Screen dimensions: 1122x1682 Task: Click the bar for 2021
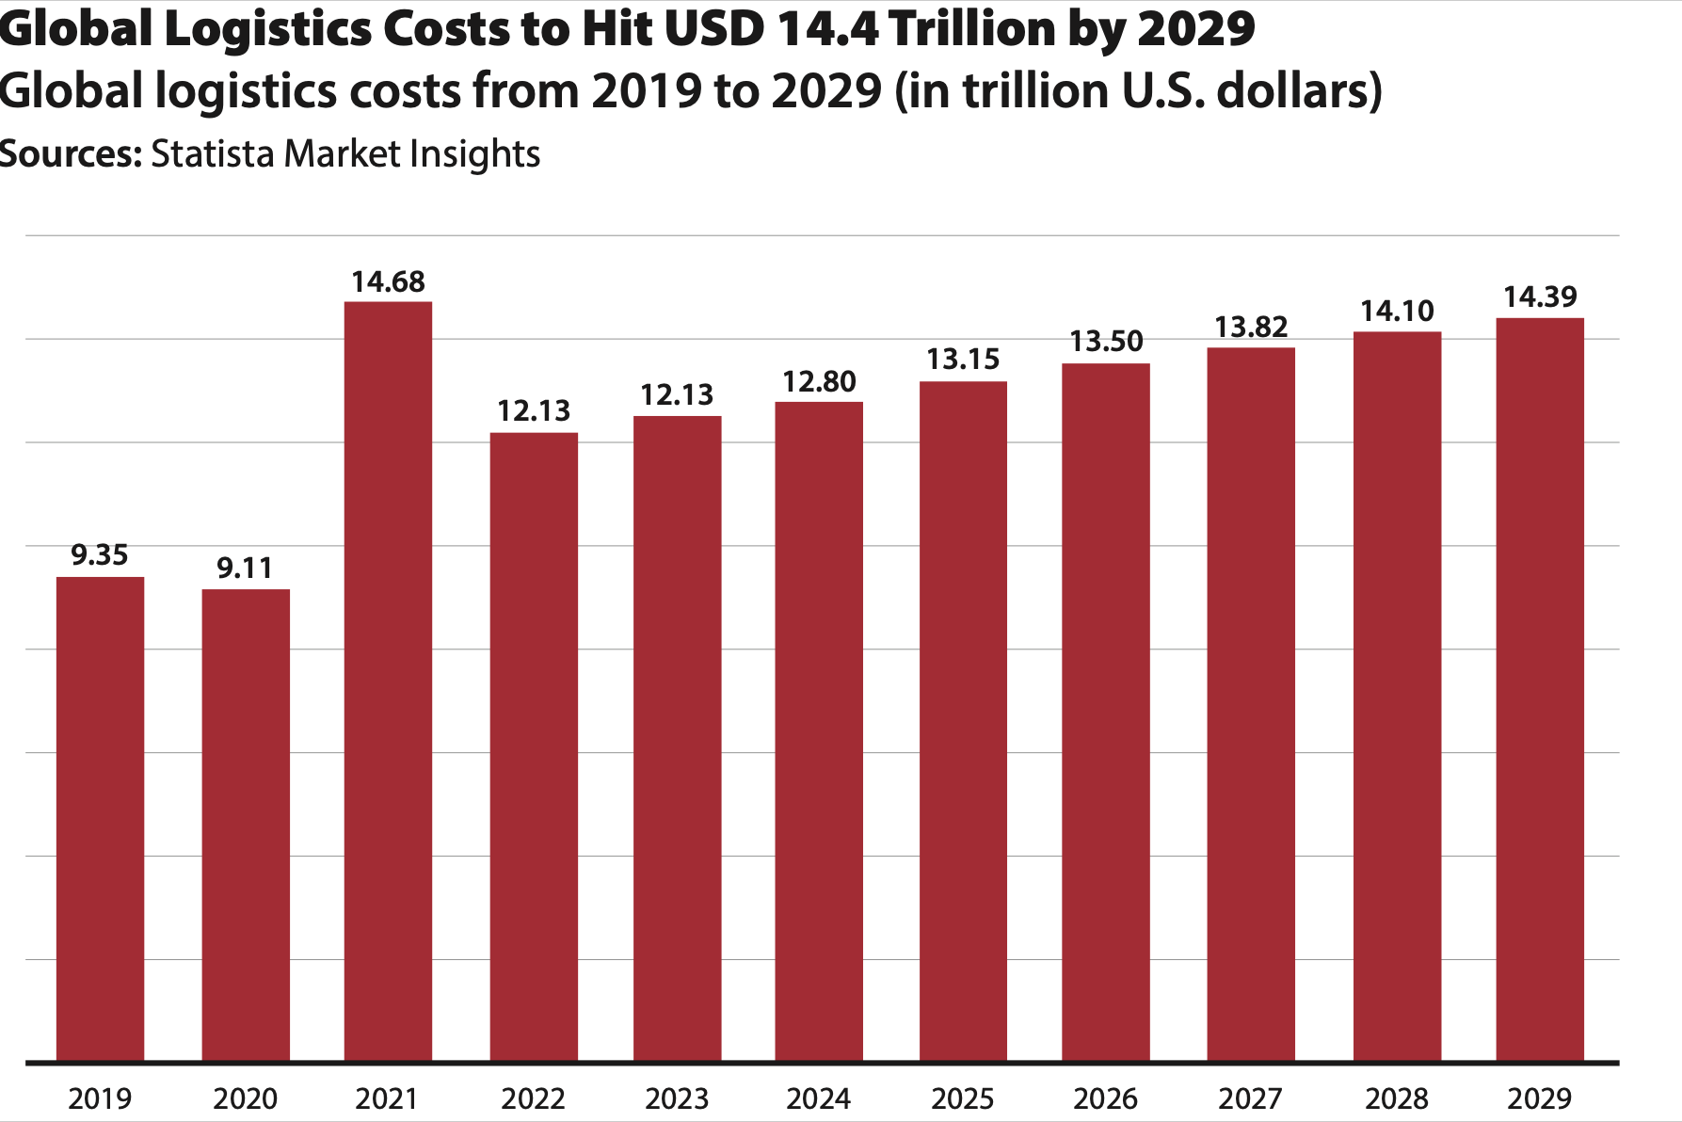click(x=388, y=681)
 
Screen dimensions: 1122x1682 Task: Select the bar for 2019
click(x=100, y=819)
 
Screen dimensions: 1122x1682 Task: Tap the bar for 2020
click(x=246, y=825)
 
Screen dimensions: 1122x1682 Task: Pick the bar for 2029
click(x=1540, y=689)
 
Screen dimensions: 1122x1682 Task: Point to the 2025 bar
click(x=963, y=721)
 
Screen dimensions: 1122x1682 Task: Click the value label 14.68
click(x=388, y=282)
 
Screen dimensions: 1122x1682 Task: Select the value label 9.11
click(x=245, y=569)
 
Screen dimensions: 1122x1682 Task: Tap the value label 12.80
click(x=819, y=382)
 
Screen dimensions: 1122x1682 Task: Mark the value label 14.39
click(x=1540, y=297)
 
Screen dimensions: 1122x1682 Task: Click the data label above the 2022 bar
click(x=534, y=411)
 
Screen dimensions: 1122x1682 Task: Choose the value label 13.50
click(x=1106, y=342)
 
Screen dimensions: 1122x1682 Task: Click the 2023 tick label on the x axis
click(x=677, y=1098)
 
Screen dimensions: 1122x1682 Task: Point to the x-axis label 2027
click(x=1250, y=1098)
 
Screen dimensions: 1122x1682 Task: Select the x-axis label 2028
click(x=1397, y=1098)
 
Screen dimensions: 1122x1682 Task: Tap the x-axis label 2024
click(x=819, y=1098)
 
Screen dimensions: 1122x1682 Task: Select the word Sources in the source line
click(x=70, y=153)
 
